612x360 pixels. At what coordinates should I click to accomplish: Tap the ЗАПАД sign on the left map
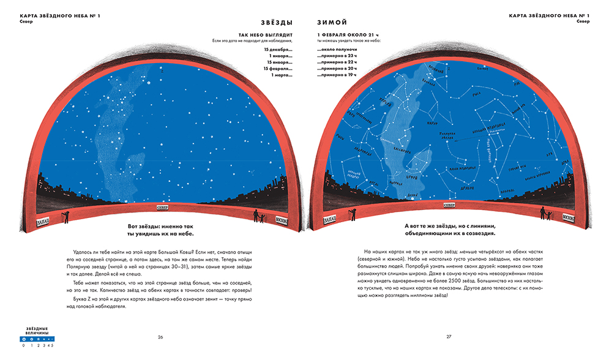[44, 219]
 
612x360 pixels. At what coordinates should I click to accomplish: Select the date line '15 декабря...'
[278, 49]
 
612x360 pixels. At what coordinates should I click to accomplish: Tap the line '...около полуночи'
[337, 49]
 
